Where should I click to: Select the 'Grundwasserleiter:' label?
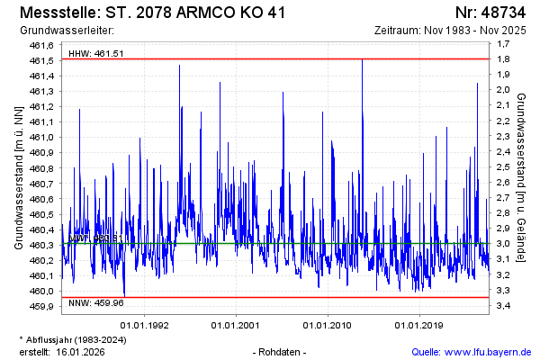[61, 31]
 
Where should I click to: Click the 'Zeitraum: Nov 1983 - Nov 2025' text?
[450, 31]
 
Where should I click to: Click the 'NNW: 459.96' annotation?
[96, 304]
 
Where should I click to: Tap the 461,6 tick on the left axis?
[42, 45]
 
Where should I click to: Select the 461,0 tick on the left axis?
[42, 138]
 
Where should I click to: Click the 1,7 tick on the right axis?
[503, 45]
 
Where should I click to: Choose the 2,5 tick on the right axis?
[503, 168]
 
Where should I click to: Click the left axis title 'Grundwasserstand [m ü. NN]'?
[17, 176]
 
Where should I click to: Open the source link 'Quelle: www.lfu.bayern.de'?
[472, 351]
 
